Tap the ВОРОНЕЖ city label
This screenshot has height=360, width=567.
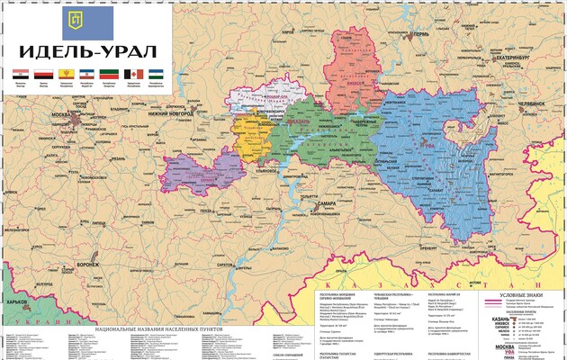point(88,265)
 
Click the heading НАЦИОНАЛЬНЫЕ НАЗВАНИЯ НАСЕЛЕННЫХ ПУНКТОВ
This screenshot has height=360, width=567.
point(156,331)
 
